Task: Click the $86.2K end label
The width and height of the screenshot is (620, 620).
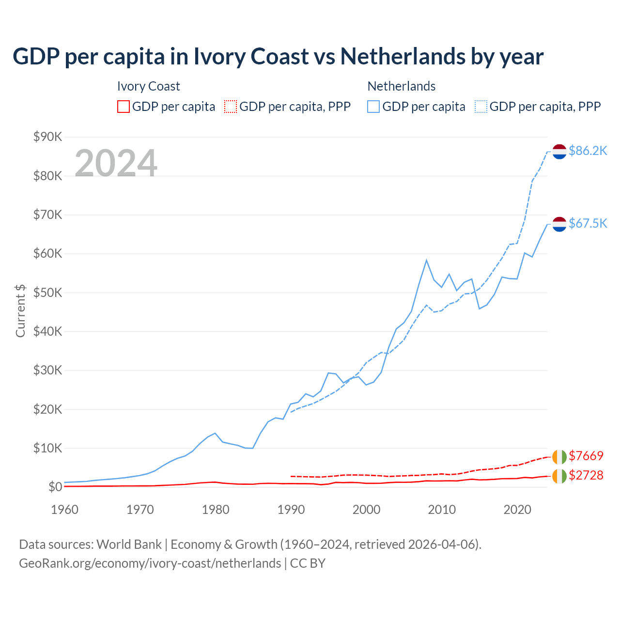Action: tap(588, 151)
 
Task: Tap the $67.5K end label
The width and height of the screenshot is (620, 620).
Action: tap(588, 223)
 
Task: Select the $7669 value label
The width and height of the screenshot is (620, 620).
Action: tap(586, 456)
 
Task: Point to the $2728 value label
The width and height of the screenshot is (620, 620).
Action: tap(586, 475)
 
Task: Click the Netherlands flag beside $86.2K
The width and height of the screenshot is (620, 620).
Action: tap(559, 151)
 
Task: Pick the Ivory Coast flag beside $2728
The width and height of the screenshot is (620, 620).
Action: tap(559, 476)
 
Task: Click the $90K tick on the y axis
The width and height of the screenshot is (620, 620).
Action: tap(48, 137)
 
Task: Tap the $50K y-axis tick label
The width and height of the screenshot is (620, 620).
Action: tap(48, 293)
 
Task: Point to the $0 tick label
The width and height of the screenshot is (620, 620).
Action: tap(55, 487)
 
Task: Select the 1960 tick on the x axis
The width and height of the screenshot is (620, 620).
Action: tap(65, 510)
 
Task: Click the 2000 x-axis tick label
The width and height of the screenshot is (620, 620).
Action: tap(367, 510)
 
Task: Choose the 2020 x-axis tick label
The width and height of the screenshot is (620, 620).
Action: tap(517, 510)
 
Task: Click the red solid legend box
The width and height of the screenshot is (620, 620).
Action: tap(124, 107)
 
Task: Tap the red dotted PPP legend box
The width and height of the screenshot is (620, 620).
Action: tap(231, 107)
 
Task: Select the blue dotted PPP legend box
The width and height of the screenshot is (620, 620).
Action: tap(481, 107)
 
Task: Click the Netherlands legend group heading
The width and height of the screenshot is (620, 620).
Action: tap(402, 86)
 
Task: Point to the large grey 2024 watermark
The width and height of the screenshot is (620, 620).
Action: tap(116, 163)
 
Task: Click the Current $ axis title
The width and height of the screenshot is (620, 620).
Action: tap(20, 310)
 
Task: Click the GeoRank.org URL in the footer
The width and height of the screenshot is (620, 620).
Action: tap(150, 563)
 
